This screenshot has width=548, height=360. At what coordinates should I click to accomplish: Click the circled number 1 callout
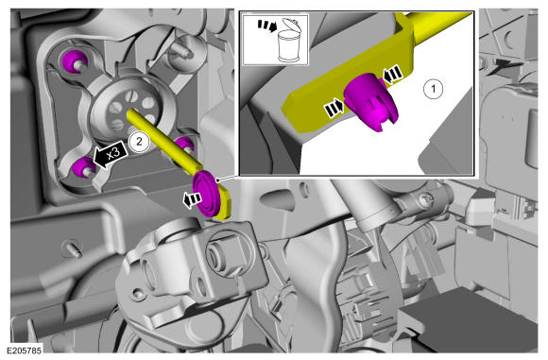click(434, 89)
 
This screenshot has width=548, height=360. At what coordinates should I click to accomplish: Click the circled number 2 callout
click(139, 142)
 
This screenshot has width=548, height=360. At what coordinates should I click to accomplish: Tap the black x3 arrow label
click(111, 155)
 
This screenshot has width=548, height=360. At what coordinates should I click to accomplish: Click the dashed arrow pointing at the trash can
click(267, 26)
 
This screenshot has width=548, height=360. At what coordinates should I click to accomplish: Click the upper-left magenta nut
click(74, 60)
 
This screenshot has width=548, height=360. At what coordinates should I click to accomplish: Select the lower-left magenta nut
click(83, 167)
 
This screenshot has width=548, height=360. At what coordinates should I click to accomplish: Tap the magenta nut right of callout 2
click(184, 145)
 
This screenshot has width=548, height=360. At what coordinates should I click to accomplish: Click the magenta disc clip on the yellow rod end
click(207, 194)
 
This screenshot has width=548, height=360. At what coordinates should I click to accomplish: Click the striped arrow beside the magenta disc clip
click(192, 200)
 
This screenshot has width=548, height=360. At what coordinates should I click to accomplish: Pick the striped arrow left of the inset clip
click(334, 109)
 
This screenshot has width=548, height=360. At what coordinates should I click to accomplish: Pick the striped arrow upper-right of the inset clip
click(392, 75)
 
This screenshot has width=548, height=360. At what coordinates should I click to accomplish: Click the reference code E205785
click(25, 351)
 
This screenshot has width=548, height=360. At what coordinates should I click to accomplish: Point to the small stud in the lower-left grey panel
click(73, 249)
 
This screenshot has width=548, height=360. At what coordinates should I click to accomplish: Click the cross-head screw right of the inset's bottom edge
click(428, 200)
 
